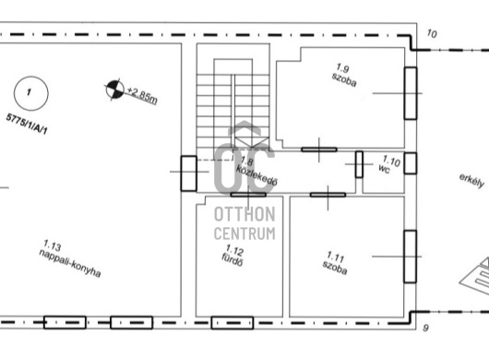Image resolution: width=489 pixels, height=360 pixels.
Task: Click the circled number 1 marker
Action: click(x=30, y=93)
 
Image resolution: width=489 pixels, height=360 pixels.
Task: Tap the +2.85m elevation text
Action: click(x=142, y=94)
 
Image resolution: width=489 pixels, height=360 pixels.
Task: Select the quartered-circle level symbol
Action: click(x=114, y=90)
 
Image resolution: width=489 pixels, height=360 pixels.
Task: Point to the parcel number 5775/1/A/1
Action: click(x=27, y=124)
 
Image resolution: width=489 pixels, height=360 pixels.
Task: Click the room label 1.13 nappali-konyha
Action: click(x=70, y=259)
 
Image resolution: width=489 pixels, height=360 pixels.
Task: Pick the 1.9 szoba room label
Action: click(x=343, y=75)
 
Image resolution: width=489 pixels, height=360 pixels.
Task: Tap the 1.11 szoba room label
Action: click(x=335, y=263)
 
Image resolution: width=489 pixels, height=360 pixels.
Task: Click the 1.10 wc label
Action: click(x=388, y=164)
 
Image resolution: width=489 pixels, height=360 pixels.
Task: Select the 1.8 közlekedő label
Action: click(x=256, y=172)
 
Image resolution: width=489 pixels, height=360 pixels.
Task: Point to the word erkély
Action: click(x=471, y=181)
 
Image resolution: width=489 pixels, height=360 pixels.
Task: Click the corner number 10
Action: click(x=432, y=33)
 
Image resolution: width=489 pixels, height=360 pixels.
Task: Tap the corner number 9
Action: click(x=425, y=328)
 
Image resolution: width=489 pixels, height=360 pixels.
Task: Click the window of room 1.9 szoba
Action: click(x=411, y=93)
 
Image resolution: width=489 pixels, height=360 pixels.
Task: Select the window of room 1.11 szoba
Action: click(x=410, y=257)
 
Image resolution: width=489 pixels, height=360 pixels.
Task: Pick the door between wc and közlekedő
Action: click(x=359, y=164)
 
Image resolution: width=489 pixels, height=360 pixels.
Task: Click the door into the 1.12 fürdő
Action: click(x=248, y=195)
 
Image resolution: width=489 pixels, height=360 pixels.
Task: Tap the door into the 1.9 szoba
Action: click(x=319, y=150)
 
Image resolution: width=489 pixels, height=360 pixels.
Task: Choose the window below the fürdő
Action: click(x=233, y=323)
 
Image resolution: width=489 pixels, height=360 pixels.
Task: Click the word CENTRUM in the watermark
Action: click(x=244, y=234)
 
